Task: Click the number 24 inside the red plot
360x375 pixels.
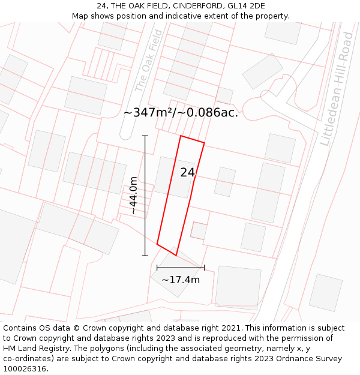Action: [187, 173]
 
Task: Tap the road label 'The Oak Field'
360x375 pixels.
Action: [148, 61]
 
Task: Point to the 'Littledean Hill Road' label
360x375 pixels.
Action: [337, 89]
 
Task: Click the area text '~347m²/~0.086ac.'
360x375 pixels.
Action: [181, 113]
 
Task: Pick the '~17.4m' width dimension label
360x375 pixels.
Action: [181, 280]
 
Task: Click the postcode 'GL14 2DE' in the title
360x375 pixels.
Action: [246, 6]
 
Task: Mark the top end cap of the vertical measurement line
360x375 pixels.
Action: [145, 136]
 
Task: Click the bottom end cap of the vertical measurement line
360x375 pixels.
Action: [145, 256]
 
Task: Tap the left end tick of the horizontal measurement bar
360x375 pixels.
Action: [157, 268]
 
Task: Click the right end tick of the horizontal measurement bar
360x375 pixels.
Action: [204, 268]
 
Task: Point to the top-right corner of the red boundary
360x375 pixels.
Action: [205, 143]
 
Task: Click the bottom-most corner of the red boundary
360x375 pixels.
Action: [176, 255]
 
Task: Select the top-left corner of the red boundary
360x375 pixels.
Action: [181, 136]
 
